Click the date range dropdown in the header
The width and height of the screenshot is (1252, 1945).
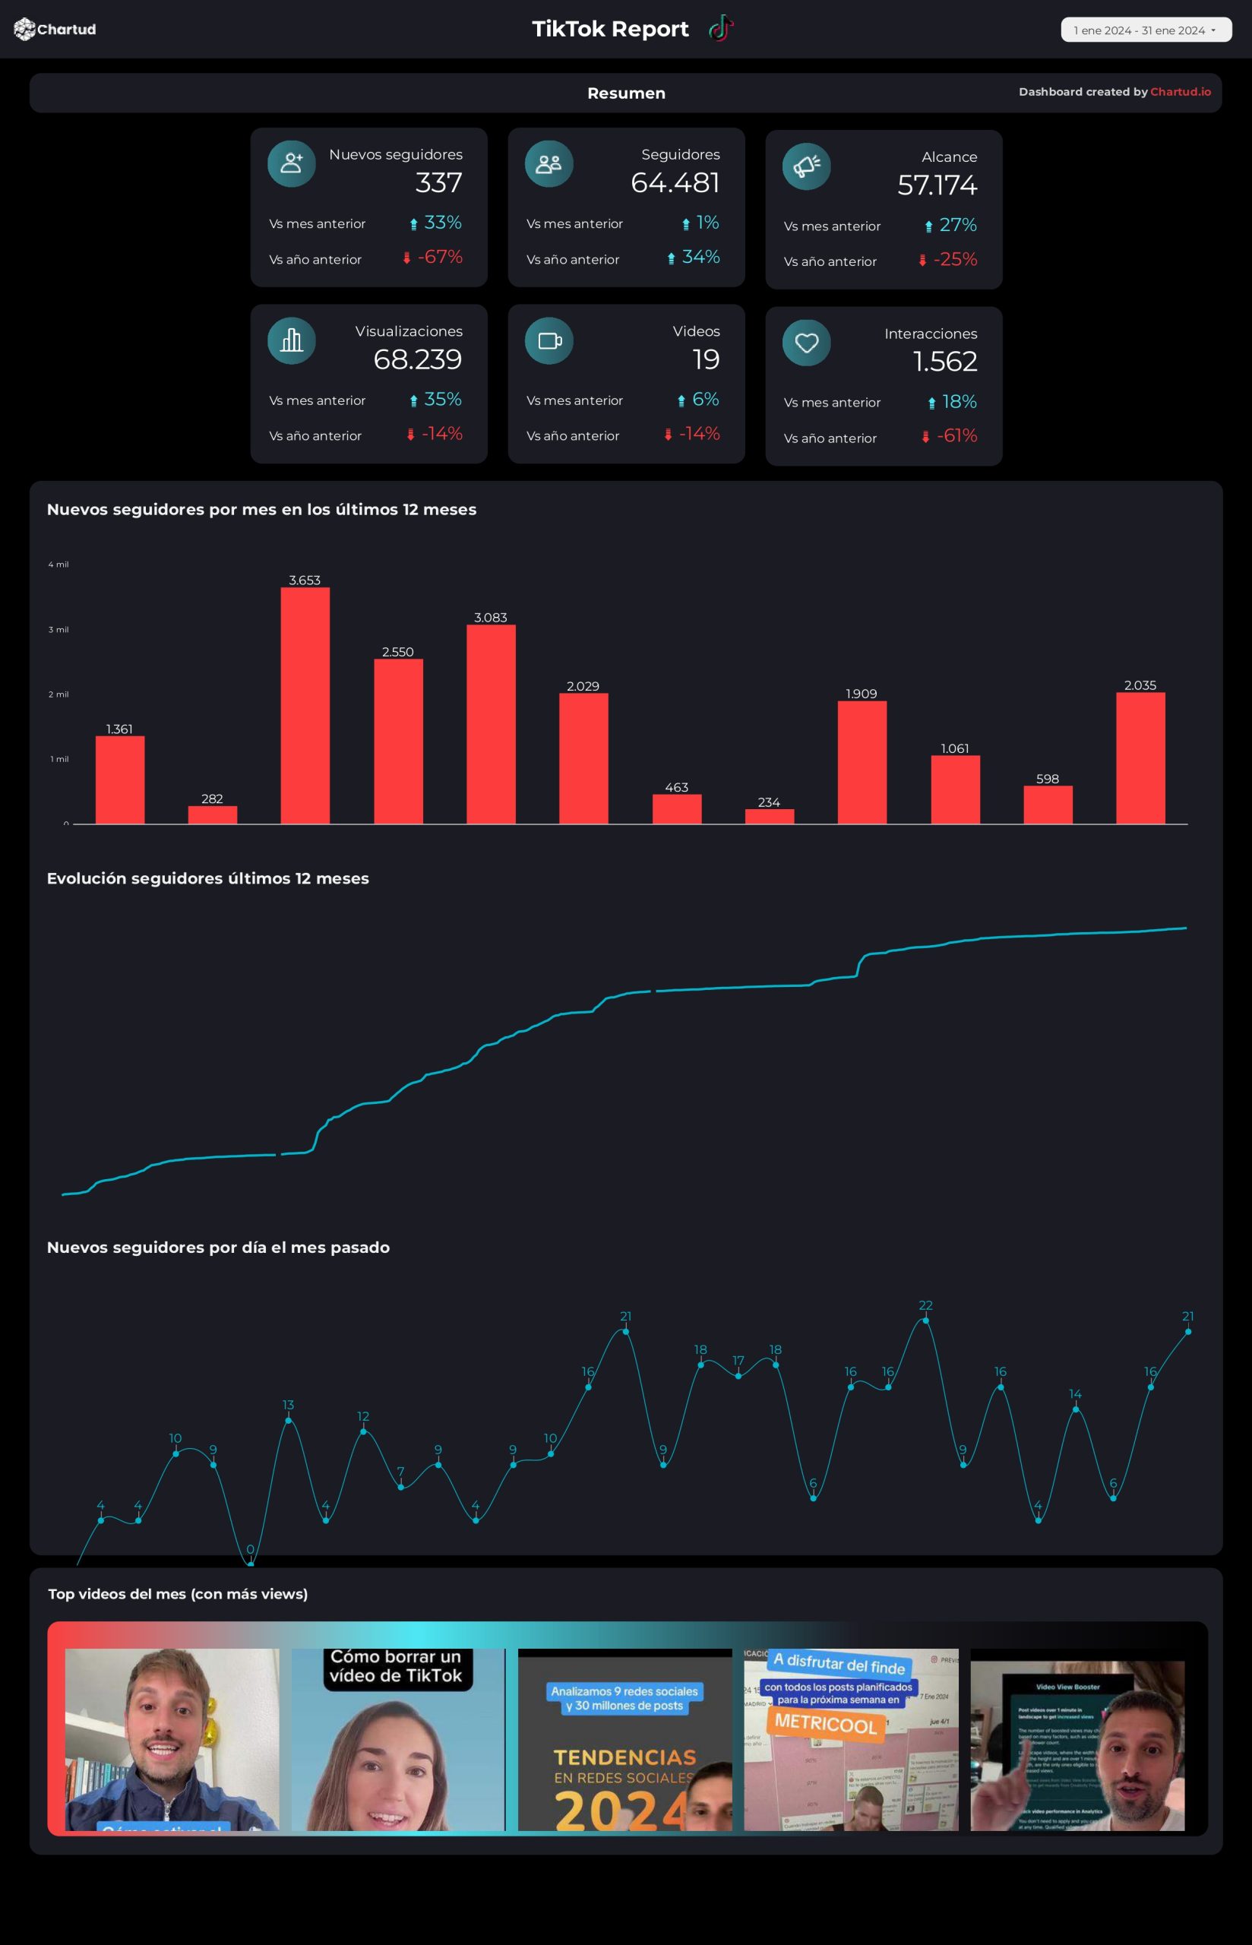tap(1145, 30)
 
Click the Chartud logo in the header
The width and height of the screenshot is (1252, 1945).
tap(55, 30)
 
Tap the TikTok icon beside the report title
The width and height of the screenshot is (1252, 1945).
tap(720, 28)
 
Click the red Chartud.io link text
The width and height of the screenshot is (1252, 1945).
tap(1180, 92)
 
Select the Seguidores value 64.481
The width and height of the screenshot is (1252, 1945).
tap(675, 183)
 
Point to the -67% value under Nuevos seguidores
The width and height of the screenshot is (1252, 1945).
tap(439, 257)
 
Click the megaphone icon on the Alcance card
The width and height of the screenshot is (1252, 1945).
tap(805, 166)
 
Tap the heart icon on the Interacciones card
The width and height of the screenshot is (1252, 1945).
tap(805, 343)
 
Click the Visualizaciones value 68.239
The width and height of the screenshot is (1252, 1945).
tap(417, 359)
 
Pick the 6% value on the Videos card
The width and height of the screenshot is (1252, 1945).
tap(705, 399)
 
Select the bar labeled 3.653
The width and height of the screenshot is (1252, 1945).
tap(305, 705)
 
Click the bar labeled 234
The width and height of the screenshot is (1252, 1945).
tap(769, 816)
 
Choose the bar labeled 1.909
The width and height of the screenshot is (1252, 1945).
tap(862, 761)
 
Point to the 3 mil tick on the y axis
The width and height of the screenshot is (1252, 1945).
tap(58, 629)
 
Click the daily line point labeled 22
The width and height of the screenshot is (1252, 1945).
tap(925, 1320)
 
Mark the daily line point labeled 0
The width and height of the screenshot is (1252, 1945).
tap(251, 1563)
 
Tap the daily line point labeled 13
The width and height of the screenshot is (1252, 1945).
tap(288, 1420)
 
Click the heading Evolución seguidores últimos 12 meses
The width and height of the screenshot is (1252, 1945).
tap(207, 878)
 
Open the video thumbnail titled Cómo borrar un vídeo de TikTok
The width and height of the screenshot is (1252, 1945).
tap(397, 1739)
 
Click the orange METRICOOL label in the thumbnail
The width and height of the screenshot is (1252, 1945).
tap(825, 1722)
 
